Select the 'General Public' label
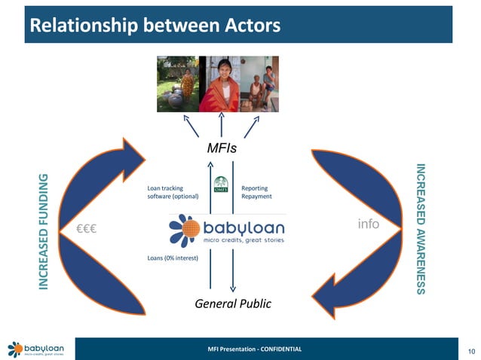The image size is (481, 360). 232,304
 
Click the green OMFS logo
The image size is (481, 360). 222,185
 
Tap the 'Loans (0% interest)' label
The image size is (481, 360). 173,258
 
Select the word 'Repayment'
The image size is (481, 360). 256,196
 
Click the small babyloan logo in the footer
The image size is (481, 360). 35,349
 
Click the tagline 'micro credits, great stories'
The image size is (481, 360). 244,240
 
